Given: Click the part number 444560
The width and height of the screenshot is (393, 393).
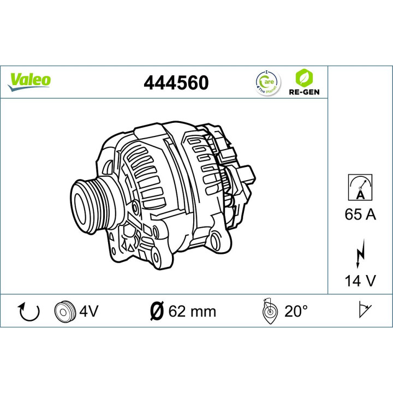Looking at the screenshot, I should pyautogui.click(x=175, y=82).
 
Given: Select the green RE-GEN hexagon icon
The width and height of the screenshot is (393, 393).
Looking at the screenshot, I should pyautogui.click(x=300, y=77).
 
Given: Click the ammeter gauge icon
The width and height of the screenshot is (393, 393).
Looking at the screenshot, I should pyautogui.click(x=360, y=187).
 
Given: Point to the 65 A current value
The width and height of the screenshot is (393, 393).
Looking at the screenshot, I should pyautogui.click(x=360, y=215).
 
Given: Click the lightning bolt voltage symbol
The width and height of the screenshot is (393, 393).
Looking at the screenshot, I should pyautogui.click(x=360, y=254).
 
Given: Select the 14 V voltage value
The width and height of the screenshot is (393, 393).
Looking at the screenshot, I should pyautogui.click(x=360, y=281).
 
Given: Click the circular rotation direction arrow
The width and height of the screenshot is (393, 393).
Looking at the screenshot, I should pyautogui.click(x=29, y=312).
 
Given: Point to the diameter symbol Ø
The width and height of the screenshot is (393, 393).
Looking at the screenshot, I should pyautogui.click(x=156, y=312).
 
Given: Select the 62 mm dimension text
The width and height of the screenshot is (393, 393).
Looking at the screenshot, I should pyautogui.click(x=192, y=312).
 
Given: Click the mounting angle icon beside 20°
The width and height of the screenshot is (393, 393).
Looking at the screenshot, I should pyautogui.click(x=270, y=311).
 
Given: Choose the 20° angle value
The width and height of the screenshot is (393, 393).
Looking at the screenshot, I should pyautogui.click(x=296, y=312).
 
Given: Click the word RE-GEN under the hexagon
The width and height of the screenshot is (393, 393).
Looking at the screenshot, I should pyautogui.click(x=300, y=92).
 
